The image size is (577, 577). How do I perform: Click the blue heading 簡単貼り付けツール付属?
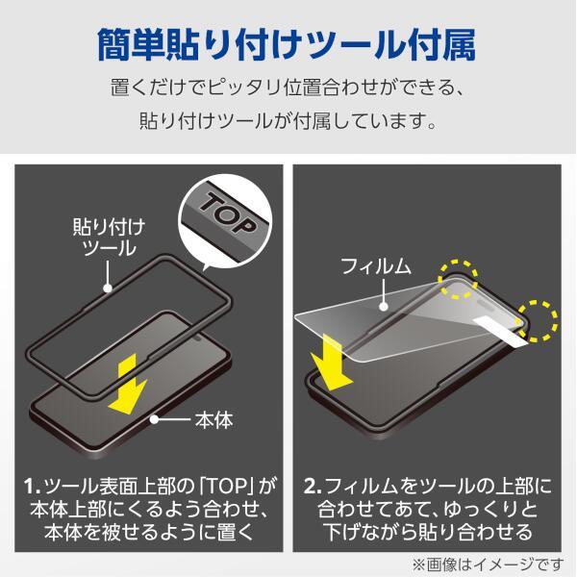tap(287, 45)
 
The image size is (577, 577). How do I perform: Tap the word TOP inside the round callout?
tap(228, 213)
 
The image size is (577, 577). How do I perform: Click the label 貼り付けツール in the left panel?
tap(109, 237)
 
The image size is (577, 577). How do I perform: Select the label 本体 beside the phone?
tap(213, 420)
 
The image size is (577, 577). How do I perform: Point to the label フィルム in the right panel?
tap(375, 265)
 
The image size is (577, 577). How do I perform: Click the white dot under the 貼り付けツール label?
tap(108, 288)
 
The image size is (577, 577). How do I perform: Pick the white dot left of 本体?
tap(154, 419)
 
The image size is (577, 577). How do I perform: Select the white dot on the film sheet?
tap(384, 306)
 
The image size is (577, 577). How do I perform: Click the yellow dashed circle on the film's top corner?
tap(458, 279)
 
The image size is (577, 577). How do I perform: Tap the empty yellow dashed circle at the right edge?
tap(539, 320)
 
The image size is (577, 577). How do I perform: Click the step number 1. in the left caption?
tap(32, 487)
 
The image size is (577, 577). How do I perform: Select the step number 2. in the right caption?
tap(313, 487)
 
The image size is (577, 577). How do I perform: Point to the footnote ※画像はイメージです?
tap(488, 564)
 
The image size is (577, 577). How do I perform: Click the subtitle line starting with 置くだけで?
tap(287, 88)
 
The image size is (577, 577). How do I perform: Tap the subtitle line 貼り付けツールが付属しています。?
tap(288, 120)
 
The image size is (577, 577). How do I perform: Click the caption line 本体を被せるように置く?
tap(149, 532)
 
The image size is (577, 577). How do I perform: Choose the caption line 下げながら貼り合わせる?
tap(428, 532)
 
